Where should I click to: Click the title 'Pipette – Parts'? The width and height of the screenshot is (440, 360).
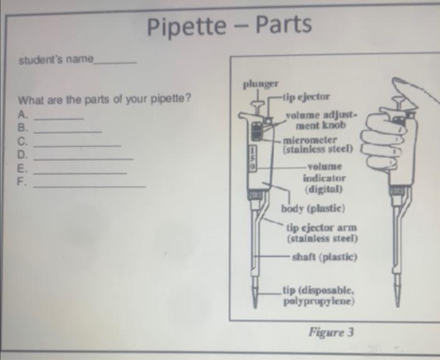coord(229,26)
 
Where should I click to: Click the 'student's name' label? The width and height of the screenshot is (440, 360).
coord(56,60)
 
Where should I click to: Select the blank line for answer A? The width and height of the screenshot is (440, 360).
coord(58,117)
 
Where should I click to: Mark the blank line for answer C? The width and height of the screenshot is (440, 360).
coord(76,145)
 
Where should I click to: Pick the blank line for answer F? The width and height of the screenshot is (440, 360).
coord(89,186)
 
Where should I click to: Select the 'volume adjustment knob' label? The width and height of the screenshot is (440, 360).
coord(321,120)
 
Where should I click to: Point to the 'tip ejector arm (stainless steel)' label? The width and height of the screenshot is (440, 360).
coord(322,232)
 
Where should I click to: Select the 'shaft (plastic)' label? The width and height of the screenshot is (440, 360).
coord(324,257)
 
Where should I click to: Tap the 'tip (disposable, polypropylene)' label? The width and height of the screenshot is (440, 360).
coord(319,295)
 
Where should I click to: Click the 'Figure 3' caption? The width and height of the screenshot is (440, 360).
coord(331,332)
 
